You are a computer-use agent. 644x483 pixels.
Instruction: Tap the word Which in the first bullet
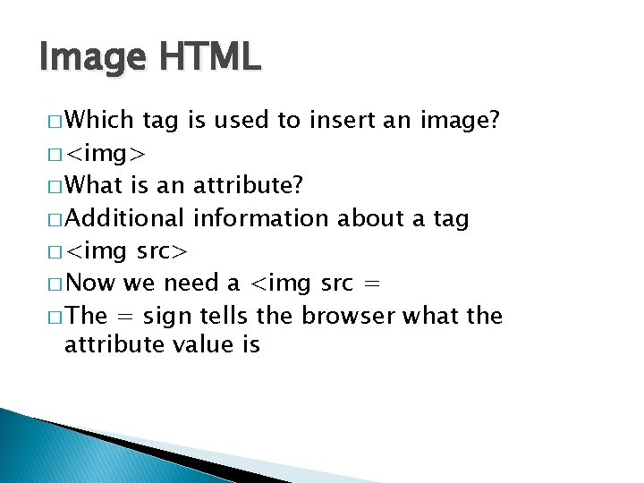[x=99, y=119]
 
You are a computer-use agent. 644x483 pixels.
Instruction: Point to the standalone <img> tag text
[x=106, y=153]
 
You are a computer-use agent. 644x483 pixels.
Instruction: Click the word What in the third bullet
[x=95, y=185]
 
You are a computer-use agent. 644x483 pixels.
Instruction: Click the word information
[x=260, y=217]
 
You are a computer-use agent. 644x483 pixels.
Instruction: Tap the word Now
[x=90, y=283]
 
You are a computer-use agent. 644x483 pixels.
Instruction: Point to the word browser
[x=349, y=316]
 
